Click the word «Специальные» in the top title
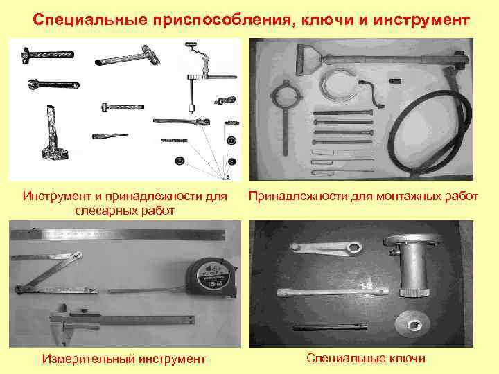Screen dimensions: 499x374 89,20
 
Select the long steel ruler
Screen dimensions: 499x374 117,234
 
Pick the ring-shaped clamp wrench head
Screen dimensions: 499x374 286,95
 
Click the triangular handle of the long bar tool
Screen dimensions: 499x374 308,60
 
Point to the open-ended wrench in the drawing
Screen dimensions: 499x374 53,84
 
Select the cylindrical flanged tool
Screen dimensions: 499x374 413,265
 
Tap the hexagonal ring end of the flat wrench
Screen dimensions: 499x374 354,248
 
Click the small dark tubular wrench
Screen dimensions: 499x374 330,327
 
